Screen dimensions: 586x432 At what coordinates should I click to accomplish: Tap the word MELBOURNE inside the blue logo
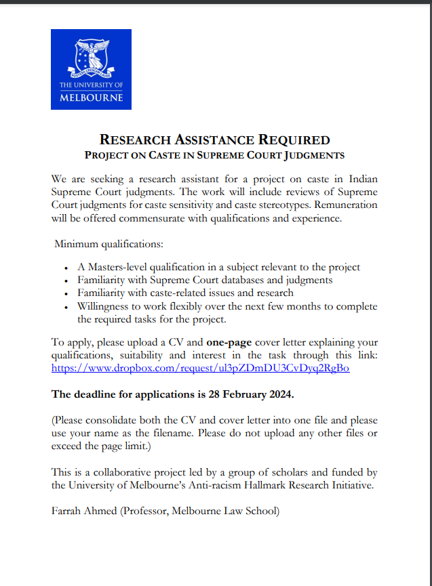pyautogui.click(x=91, y=98)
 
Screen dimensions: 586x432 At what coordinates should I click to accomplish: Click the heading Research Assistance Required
pyautogui.click(x=214, y=140)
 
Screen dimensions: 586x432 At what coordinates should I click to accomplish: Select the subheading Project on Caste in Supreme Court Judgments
pyautogui.click(x=214, y=156)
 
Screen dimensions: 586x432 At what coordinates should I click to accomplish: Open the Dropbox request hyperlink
pyautogui.click(x=200, y=369)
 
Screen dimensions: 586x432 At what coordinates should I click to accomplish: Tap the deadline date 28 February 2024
pyautogui.click(x=271, y=394)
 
